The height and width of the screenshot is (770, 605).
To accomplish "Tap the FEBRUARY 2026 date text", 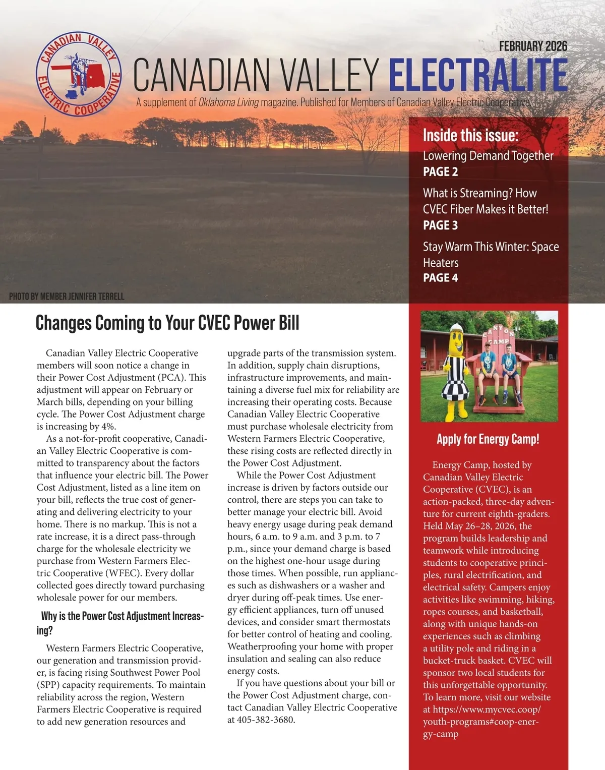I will [533, 46].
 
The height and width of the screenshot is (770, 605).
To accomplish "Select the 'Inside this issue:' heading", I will [470, 135].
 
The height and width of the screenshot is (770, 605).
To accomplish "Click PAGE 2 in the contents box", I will [440, 172].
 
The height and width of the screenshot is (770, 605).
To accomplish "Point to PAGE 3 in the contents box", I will [440, 225].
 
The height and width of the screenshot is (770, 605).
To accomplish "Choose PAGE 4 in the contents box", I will [440, 278].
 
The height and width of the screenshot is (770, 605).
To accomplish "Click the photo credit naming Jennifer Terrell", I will [67, 297].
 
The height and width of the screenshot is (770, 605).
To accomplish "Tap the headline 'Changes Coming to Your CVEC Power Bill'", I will [167, 323].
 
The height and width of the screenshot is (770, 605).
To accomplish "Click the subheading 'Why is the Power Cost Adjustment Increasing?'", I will [122, 623].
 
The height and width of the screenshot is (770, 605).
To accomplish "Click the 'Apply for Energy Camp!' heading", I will [488, 439].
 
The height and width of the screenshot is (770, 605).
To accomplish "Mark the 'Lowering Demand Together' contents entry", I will [488, 156].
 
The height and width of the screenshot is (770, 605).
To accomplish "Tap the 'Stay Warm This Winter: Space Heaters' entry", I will [491, 254].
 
